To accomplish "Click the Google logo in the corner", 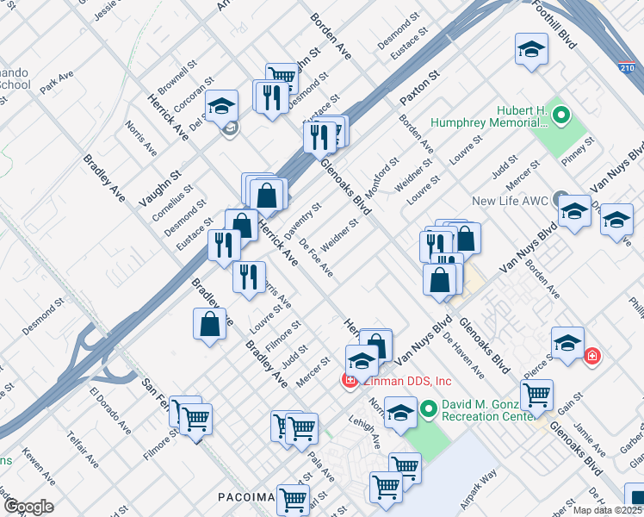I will [28, 506].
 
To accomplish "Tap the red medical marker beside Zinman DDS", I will [350, 380].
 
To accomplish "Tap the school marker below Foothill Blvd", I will [531, 51].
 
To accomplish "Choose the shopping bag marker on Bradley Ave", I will [210, 326].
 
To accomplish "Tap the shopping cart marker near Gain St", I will [536, 395].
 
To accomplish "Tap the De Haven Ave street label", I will [463, 356].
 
